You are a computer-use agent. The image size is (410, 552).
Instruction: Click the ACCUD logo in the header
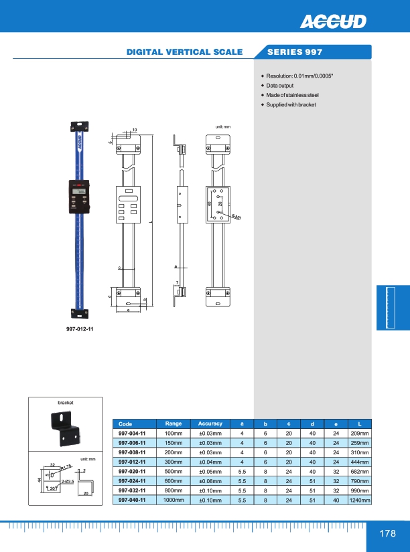(334, 22)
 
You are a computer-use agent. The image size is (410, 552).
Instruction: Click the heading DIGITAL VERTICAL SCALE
(185, 52)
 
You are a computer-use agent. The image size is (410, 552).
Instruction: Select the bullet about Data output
(279, 86)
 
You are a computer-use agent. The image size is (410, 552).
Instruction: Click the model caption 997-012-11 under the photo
(80, 329)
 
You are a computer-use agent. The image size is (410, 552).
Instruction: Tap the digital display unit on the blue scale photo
(78, 196)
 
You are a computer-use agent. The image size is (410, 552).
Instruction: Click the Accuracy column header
(210, 424)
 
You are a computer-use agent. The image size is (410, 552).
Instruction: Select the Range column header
(174, 424)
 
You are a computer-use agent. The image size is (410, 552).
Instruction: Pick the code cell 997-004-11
(133, 434)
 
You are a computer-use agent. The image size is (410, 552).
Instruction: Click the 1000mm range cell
(174, 500)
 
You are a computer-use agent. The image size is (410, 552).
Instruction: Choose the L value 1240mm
(359, 500)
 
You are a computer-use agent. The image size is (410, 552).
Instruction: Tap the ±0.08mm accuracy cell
(210, 480)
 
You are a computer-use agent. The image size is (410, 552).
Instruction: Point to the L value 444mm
(359, 462)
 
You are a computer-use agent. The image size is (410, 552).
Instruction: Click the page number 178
(387, 534)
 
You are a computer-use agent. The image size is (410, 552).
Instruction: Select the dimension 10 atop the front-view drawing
(134, 129)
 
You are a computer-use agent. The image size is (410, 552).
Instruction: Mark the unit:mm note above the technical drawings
(222, 126)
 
